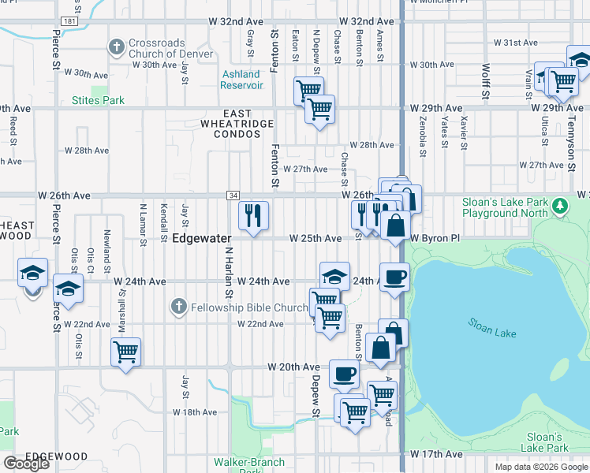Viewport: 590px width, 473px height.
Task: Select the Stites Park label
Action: [x=98, y=101]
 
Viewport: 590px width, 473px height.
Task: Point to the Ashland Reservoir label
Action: [x=241, y=80]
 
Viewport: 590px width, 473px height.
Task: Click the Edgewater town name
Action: [x=202, y=238]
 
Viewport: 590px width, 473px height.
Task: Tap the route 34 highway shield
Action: [x=233, y=195]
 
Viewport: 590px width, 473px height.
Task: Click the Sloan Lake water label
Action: [x=492, y=328]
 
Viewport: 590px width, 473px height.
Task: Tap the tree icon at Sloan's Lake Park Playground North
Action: [x=560, y=207]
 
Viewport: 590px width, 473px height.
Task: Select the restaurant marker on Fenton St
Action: [x=254, y=214]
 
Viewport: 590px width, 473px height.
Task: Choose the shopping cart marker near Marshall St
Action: [x=125, y=351]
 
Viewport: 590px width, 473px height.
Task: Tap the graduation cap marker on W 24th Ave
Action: [x=334, y=276]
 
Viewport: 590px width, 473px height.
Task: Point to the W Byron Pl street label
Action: [x=434, y=238]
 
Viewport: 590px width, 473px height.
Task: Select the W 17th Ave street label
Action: [x=436, y=455]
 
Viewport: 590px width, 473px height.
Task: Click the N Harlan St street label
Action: [x=230, y=272]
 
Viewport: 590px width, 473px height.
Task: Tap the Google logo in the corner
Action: [x=26, y=464]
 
